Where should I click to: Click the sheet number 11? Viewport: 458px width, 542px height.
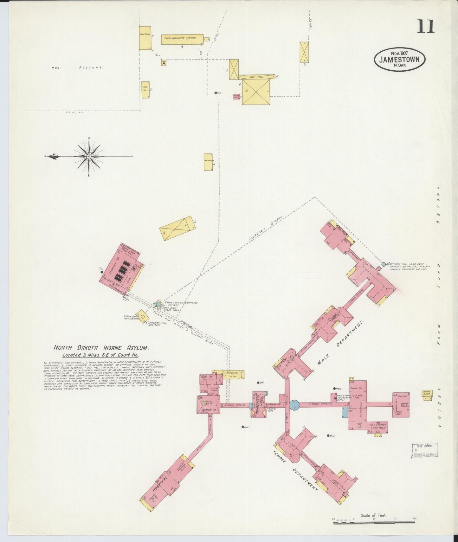pyautogui.click(x=425, y=26)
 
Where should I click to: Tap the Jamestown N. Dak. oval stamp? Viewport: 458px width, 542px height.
pyautogui.click(x=400, y=60)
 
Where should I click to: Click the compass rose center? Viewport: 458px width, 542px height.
pyautogui.click(x=89, y=157)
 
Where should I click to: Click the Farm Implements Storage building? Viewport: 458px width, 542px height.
pyautogui.click(x=182, y=39)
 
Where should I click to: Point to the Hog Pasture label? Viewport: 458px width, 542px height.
pyautogui.click(x=78, y=68)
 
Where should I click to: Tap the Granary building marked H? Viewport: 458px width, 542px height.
pyautogui.click(x=208, y=162)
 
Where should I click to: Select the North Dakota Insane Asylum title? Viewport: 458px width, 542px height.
pyautogui.click(x=101, y=347)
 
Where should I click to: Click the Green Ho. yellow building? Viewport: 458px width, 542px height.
pyautogui.click(x=234, y=374)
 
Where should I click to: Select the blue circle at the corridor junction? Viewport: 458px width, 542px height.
pyautogui.click(x=294, y=404)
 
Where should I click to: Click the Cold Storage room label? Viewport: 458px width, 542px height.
pyautogui.click(x=377, y=426)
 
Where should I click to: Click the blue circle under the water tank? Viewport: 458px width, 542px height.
pyautogui.click(x=158, y=304)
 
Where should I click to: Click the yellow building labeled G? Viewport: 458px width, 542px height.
pyautogui.click(x=304, y=52)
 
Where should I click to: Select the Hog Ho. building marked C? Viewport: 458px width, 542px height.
pyautogui.click(x=145, y=90)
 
